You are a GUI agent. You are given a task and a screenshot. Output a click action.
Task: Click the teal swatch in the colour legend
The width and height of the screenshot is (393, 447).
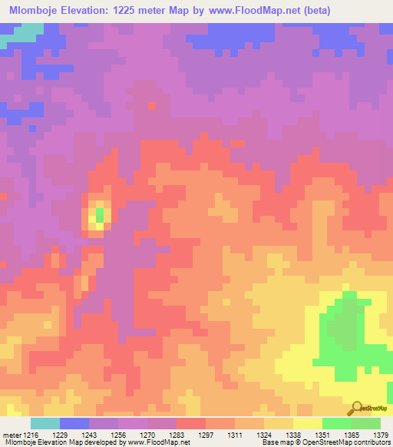point(45,423)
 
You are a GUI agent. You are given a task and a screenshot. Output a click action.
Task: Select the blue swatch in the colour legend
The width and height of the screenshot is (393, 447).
point(74,423)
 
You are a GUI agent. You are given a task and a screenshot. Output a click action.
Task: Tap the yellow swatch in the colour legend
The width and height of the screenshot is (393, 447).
point(308,423)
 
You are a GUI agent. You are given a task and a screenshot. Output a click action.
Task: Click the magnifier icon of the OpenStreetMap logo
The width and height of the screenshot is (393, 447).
point(357,408)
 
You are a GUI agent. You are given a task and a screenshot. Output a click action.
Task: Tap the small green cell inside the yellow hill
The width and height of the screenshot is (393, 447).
point(99,215)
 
